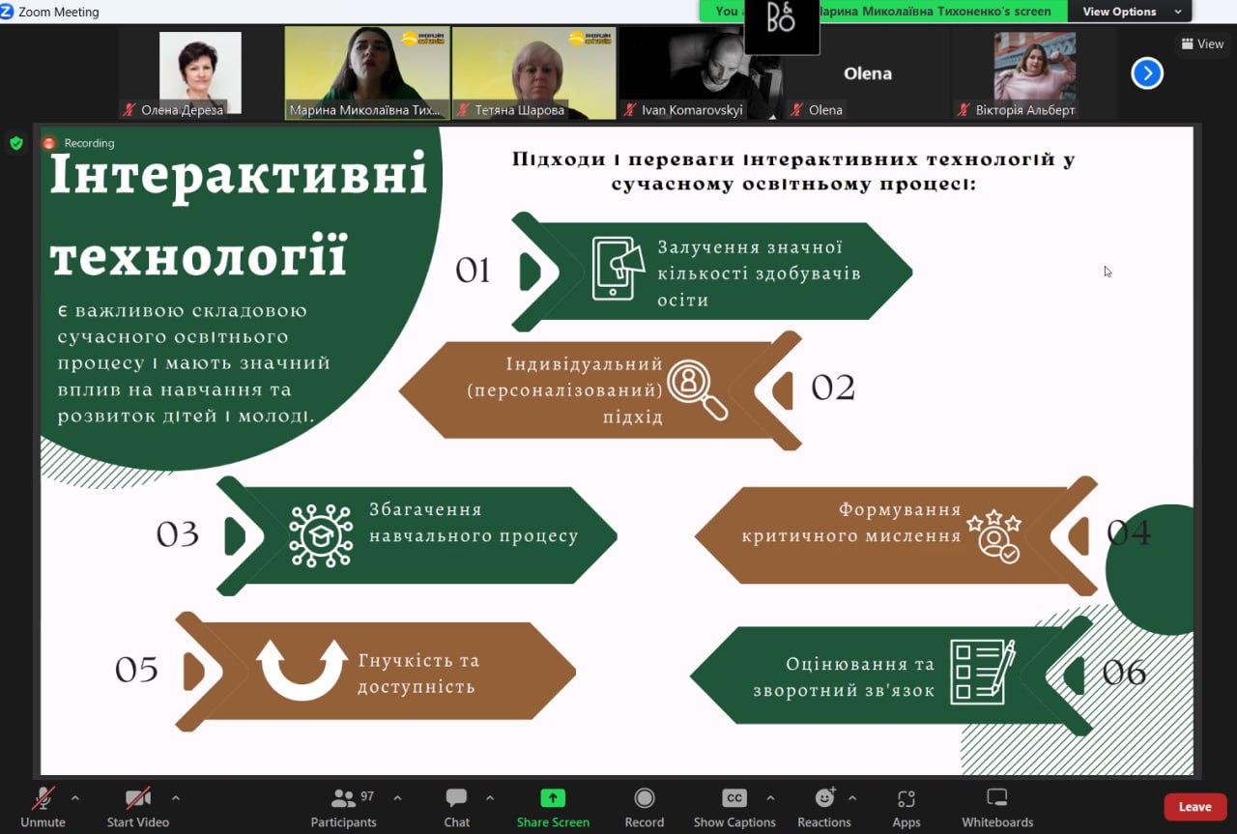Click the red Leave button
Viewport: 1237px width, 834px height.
[x=1194, y=807]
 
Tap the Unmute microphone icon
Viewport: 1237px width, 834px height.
[x=43, y=798]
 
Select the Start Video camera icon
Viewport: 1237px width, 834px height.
[x=137, y=798]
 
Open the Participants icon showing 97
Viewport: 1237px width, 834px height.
[x=343, y=798]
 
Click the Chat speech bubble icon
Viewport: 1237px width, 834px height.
[x=456, y=798]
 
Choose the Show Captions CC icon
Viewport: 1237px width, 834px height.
[x=734, y=798]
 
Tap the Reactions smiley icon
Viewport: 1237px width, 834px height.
[x=824, y=798]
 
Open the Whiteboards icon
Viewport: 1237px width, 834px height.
[x=996, y=798]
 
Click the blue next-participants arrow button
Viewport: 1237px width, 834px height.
[x=1147, y=72]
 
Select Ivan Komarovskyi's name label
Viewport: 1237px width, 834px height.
[x=692, y=110]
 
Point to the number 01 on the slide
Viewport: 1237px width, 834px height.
[x=474, y=272]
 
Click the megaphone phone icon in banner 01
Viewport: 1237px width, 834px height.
[x=618, y=268]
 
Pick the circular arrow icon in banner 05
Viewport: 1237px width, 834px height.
[x=302, y=670]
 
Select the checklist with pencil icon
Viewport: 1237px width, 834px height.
[x=982, y=671]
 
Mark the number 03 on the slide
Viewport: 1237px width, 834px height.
[x=178, y=534]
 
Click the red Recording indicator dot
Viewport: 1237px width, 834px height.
[x=49, y=143]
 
